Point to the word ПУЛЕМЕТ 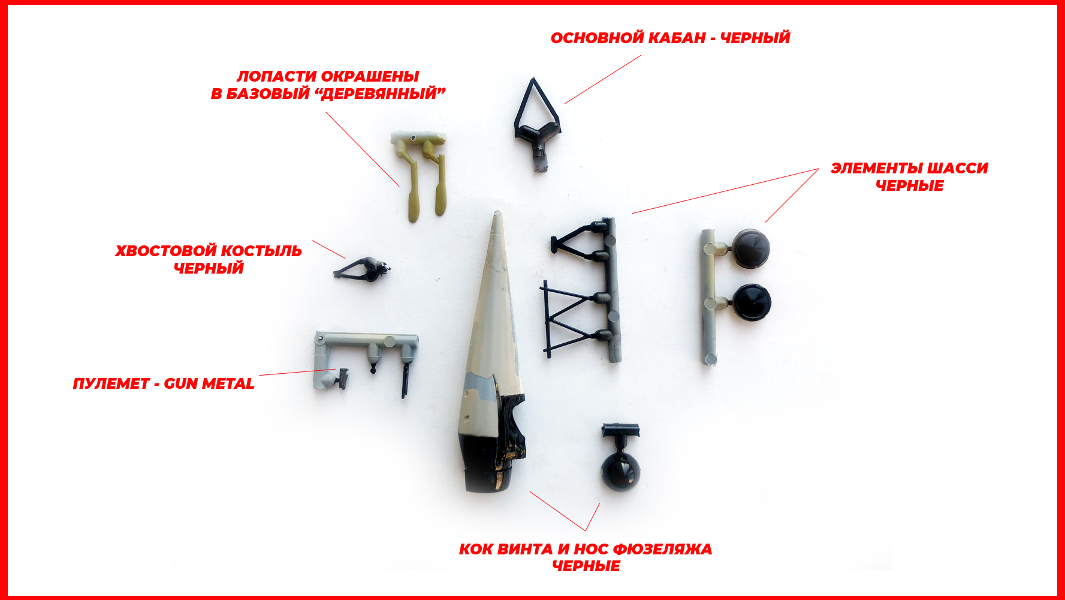[x=111, y=383]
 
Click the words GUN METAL [x=209, y=383]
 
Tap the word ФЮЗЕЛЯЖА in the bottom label [x=663, y=549]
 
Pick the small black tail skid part [x=362, y=269]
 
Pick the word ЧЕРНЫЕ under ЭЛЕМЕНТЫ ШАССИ [x=909, y=186]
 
